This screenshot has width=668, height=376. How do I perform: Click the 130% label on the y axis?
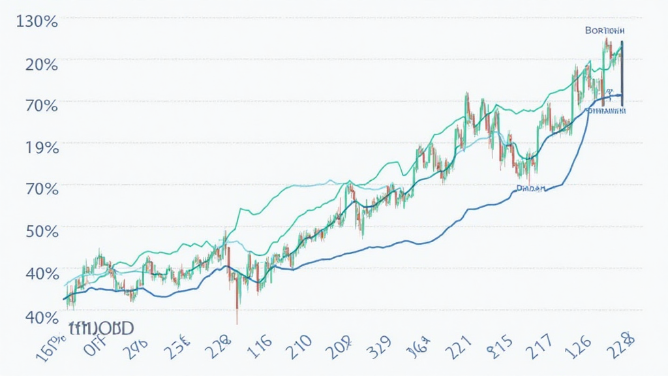click(34, 21)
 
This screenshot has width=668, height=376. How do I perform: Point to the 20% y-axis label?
click(38, 64)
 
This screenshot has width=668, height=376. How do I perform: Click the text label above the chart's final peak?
click(605, 31)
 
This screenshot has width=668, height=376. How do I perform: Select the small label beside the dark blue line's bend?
click(530, 187)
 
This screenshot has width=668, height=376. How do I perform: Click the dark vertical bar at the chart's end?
click(622, 72)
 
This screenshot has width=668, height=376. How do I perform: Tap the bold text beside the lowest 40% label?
click(100, 326)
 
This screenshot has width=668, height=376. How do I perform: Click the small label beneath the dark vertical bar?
click(607, 111)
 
